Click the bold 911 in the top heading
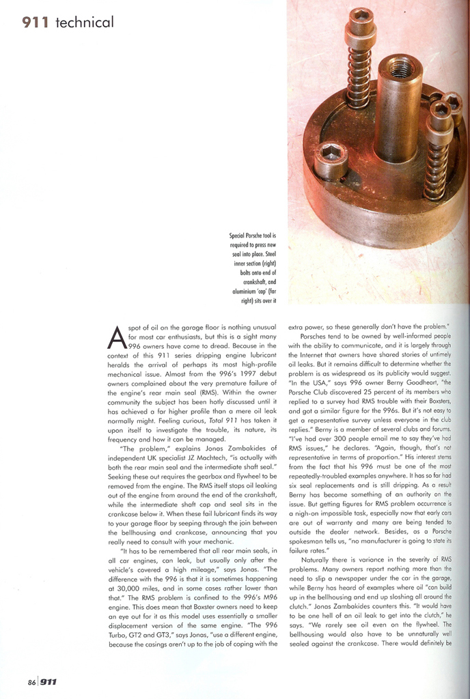(x=36, y=23)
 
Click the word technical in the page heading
(x=85, y=23)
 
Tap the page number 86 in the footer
(x=31, y=681)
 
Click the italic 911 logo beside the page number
(x=48, y=681)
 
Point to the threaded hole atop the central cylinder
(x=400, y=68)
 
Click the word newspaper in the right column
(x=357, y=585)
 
